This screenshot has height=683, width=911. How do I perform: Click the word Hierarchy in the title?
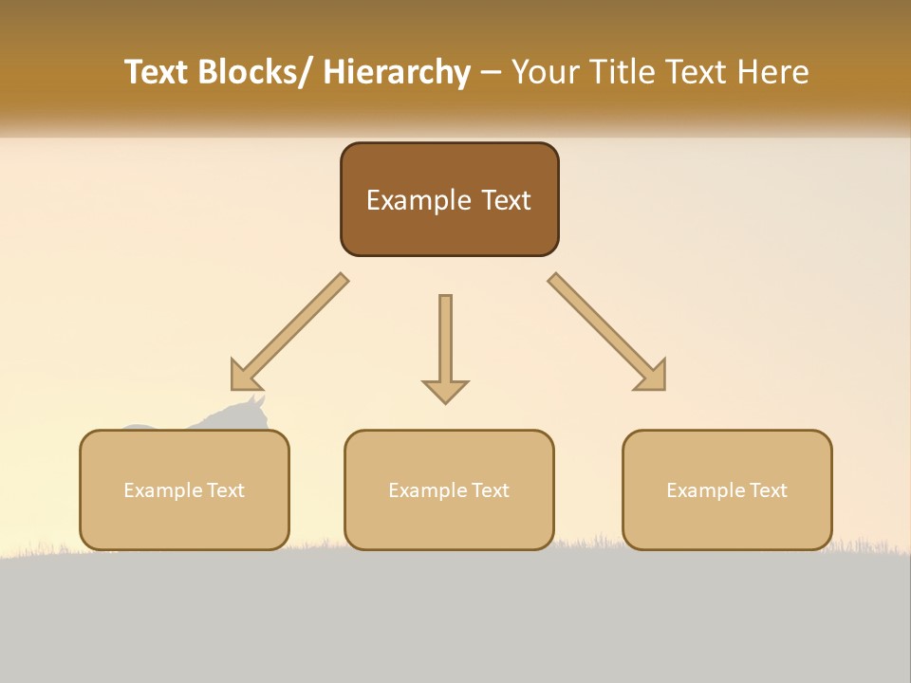click(x=396, y=72)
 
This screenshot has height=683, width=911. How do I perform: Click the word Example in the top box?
click(x=418, y=200)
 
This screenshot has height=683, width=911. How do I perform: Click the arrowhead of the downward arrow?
click(x=445, y=390)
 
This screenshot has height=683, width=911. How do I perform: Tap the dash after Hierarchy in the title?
click(x=491, y=72)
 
